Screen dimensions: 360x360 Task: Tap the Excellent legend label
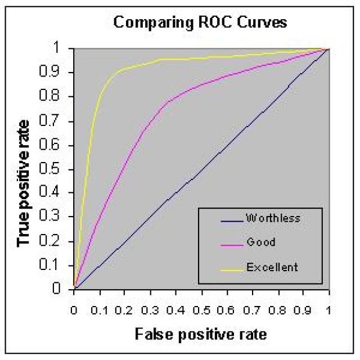272,267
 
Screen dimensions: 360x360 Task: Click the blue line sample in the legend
224,217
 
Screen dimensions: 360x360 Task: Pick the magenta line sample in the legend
224,242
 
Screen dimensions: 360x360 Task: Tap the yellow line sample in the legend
224,268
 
